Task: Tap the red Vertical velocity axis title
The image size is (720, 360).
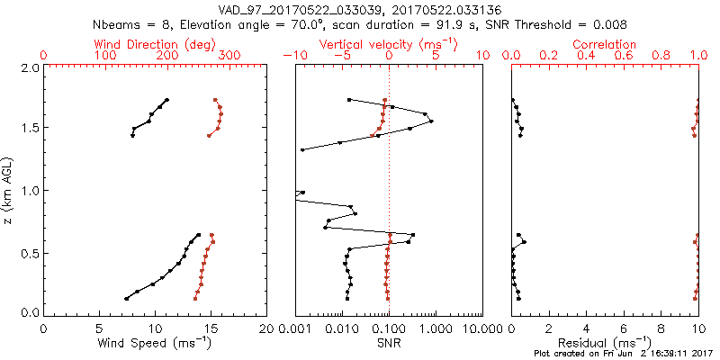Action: tap(388, 44)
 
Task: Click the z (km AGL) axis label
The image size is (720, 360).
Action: tap(8, 191)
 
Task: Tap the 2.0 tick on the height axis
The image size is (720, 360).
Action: tap(29, 67)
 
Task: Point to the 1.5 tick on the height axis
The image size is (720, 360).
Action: tap(29, 129)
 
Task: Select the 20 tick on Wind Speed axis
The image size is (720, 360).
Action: tap(266, 328)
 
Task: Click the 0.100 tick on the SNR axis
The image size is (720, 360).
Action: tap(389, 328)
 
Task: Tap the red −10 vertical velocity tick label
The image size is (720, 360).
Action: tap(292, 56)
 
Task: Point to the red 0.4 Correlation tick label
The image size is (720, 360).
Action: tap(587, 56)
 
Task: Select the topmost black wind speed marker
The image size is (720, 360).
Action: tap(167, 100)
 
